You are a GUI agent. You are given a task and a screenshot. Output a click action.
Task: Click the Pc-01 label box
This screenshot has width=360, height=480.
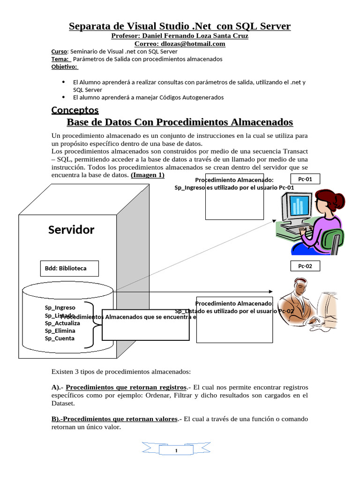point(305,179)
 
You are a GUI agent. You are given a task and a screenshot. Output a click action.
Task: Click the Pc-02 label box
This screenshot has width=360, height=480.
point(305,266)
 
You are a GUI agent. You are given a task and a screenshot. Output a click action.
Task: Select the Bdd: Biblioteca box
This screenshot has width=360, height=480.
point(70,269)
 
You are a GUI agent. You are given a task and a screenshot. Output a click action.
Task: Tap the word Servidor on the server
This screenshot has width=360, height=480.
point(71,230)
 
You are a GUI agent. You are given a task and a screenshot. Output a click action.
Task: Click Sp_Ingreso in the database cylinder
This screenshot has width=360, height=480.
point(60,307)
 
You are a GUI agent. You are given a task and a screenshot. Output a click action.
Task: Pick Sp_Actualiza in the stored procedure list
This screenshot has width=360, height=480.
point(62,323)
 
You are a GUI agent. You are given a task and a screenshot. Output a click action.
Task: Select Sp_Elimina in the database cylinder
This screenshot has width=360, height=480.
point(60,330)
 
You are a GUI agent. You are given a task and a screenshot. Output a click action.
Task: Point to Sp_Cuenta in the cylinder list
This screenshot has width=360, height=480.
point(60,338)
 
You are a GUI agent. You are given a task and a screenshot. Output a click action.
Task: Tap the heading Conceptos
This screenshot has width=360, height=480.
point(75,110)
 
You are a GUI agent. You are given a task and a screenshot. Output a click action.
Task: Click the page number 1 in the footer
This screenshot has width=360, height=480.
point(176,451)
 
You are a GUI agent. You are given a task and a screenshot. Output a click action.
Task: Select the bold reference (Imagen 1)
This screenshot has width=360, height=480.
point(148,175)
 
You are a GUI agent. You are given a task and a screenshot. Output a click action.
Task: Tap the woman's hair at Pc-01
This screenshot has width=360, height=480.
point(328,197)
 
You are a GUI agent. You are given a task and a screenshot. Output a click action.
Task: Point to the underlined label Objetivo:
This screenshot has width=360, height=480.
point(64,67)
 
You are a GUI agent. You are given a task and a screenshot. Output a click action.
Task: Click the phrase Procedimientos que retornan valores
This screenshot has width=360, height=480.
point(115,419)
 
